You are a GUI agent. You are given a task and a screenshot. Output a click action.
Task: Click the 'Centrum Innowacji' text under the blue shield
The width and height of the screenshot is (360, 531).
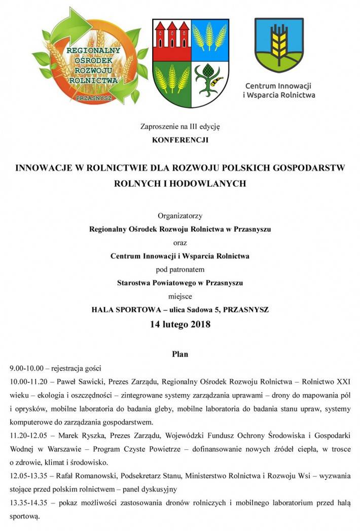278,85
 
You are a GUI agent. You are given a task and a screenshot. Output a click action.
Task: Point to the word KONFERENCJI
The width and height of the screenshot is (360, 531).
180,138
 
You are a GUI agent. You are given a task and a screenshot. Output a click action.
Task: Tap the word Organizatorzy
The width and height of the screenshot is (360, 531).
180,216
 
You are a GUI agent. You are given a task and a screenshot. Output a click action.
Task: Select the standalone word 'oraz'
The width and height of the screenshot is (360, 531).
180,242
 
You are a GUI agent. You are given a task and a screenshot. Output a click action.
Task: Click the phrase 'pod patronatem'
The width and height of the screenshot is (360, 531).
180,269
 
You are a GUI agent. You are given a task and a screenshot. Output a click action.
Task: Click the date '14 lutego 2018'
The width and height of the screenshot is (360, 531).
180,325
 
